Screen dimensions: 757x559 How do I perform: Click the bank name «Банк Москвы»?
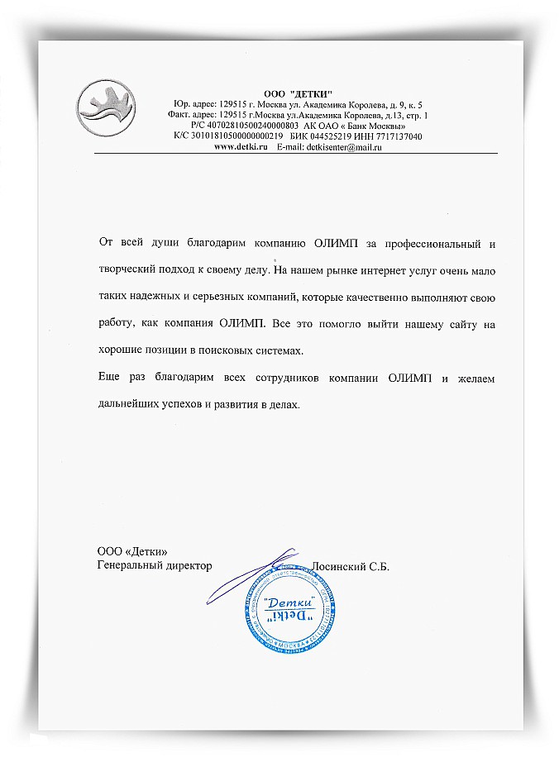(375, 125)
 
